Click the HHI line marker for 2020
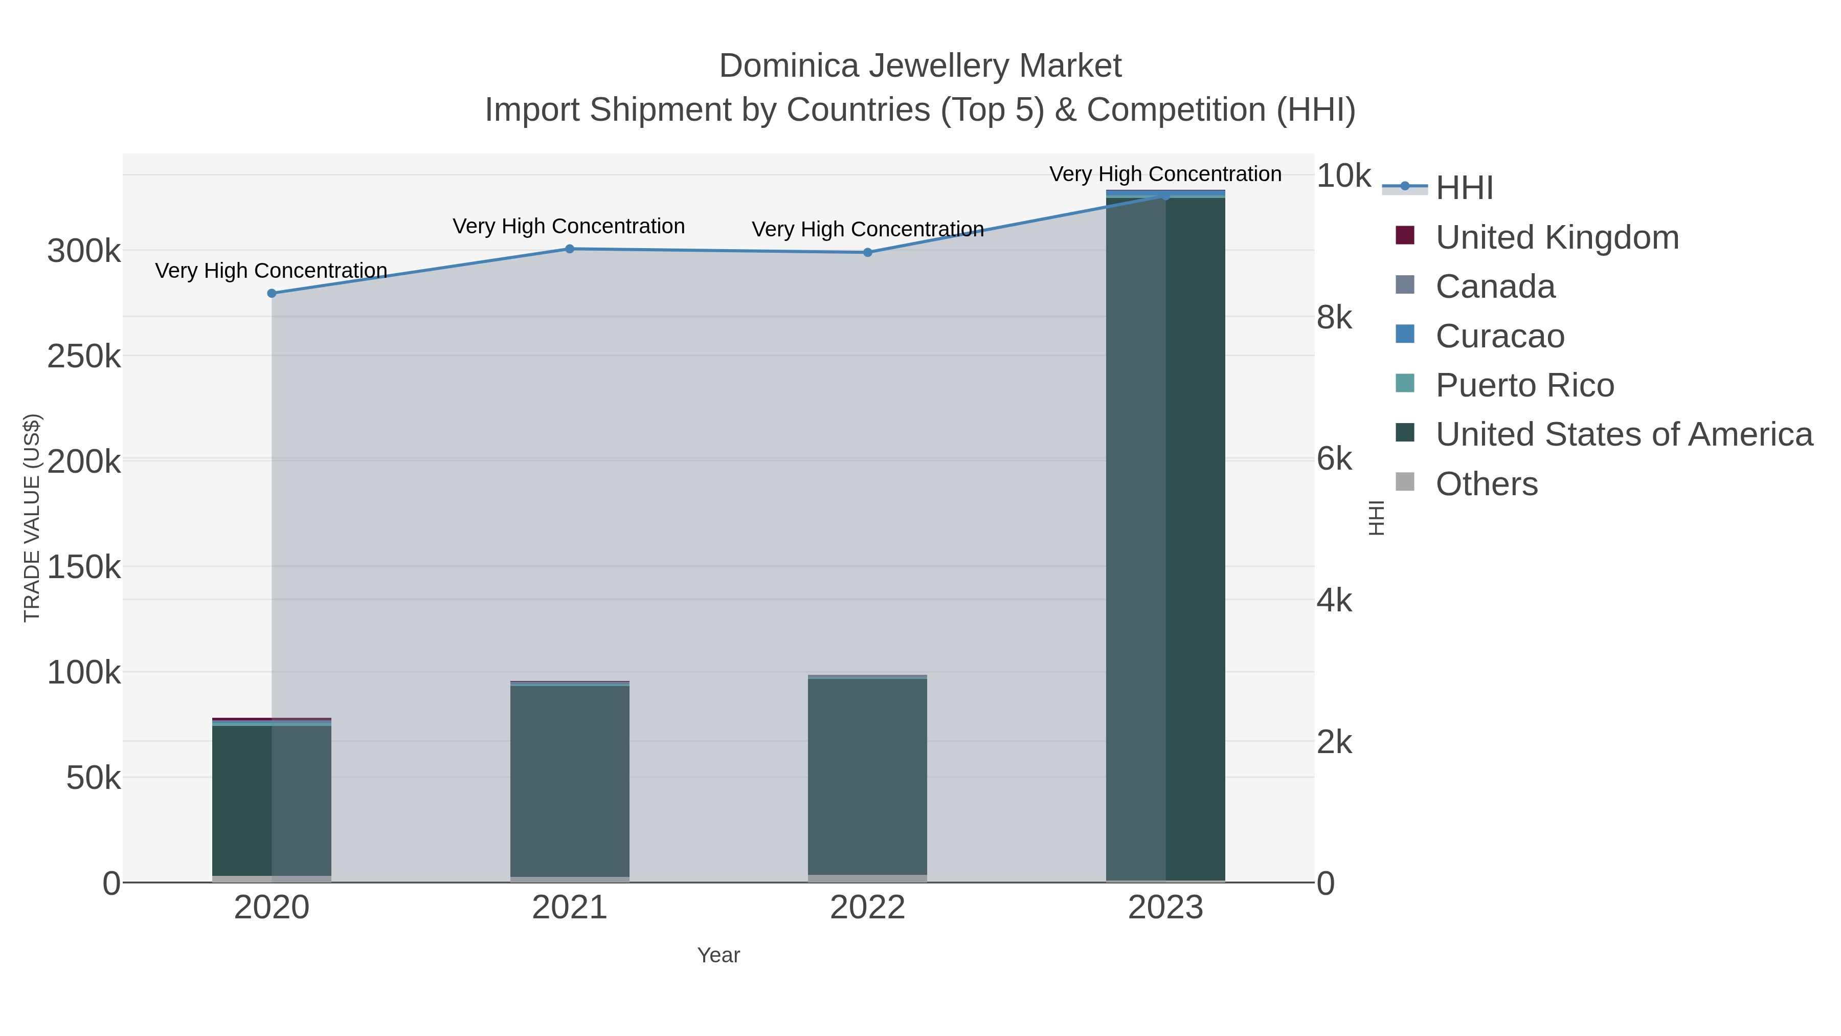click(272, 293)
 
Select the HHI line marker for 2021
click(570, 249)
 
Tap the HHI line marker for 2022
click(868, 252)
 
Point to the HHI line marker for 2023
click(1165, 195)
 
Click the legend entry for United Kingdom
click(1557, 237)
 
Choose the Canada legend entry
click(1495, 286)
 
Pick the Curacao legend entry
click(1499, 336)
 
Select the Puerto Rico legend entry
click(1524, 385)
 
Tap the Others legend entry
click(1487, 484)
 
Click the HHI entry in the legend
click(1464, 188)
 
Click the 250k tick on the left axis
click(84, 356)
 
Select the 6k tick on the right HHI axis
click(1334, 459)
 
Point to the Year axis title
click(719, 955)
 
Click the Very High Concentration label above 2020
click(272, 271)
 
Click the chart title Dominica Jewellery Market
click(920, 67)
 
